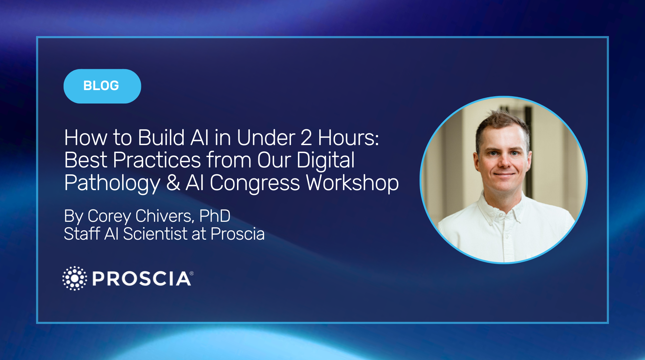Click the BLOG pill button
pyautogui.click(x=102, y=86)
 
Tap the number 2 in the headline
pyautogui.click(x=306, y=138)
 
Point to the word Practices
pyautogui.click(x=157, y=160)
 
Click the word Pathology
pyautogui.click(x=112, y=183)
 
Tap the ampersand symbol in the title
pyautogui.click(x=173, y=183)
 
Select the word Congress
pyautogui.click(x=255, y=183)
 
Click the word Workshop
pyautogui.click(x=352, y=183)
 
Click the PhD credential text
pyautogui.click(x=215, y=216)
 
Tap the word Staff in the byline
pyautogui.click(x=82, y=234)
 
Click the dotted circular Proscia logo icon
pyautogui.click(x=75, y=278)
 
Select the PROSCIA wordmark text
pyautogui.click(x=141, y=279)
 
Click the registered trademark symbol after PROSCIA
pyautogui.click(x=192, y=274)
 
